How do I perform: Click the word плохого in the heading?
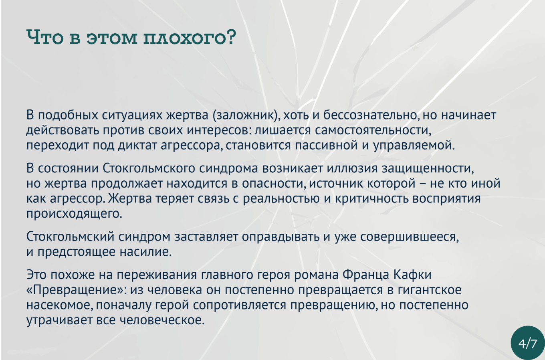pyautogui.click(x=189, y=38)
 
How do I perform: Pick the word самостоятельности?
pyautogui.click(x=373, y=130)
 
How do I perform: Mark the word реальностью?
pyautogui.click(x=281, y=199)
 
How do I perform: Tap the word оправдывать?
pyautogui.click(x=281, y=237)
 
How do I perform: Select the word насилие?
pyautogui.click(x=146, y=252)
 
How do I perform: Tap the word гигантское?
pyautogui.click(x=430, y=290)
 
